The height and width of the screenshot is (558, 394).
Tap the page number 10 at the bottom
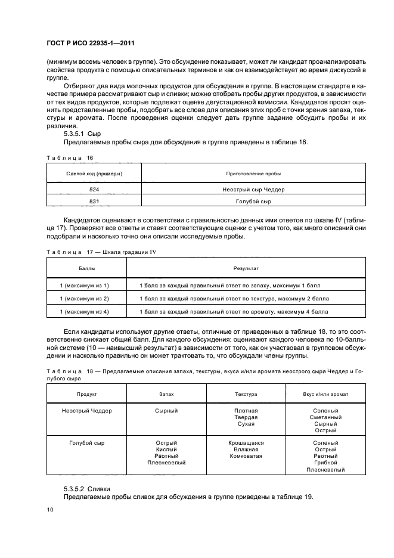tap(49, 509)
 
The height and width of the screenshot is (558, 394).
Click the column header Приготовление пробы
tap(253, 173)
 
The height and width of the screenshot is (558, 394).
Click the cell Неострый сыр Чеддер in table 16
tap(253, 190)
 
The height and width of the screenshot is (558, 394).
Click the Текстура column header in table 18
tap(246, 395)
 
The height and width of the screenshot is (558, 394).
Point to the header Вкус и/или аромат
tap(325, 395)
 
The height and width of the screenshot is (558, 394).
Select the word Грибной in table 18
tap(325, 462)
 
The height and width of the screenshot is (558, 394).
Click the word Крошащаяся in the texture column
tap(246, 443)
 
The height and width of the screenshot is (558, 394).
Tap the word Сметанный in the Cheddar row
tap(325, 417)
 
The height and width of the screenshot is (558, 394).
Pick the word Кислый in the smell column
tap(167, 449)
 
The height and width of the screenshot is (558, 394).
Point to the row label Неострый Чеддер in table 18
tap(87, 411)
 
